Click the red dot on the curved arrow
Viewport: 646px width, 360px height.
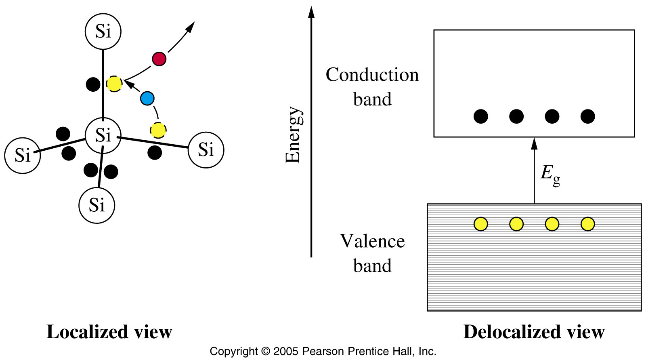coord(159,59)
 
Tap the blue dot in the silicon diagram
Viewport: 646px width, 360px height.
coord(147,99)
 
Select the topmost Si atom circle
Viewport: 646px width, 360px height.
coord(103,32)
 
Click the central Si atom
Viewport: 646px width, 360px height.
coord(103,135)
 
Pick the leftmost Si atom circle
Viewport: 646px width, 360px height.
coord(23,155)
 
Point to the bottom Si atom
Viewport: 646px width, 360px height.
coord(96,205)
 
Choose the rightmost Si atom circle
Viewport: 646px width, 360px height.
coord(206,150)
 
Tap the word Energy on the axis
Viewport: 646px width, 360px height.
coord(294,135)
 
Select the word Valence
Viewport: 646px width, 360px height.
coord(372,241)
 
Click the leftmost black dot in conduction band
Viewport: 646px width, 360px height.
coord(481,116)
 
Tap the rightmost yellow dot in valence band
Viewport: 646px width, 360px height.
coord(588,224)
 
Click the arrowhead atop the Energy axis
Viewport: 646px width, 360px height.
coord(311,12)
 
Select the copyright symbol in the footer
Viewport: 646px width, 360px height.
coord(265,352)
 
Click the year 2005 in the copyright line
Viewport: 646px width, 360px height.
coord(286,352)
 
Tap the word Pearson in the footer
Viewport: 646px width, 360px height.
coord(323,352)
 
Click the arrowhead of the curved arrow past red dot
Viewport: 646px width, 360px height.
coord(190,27)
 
